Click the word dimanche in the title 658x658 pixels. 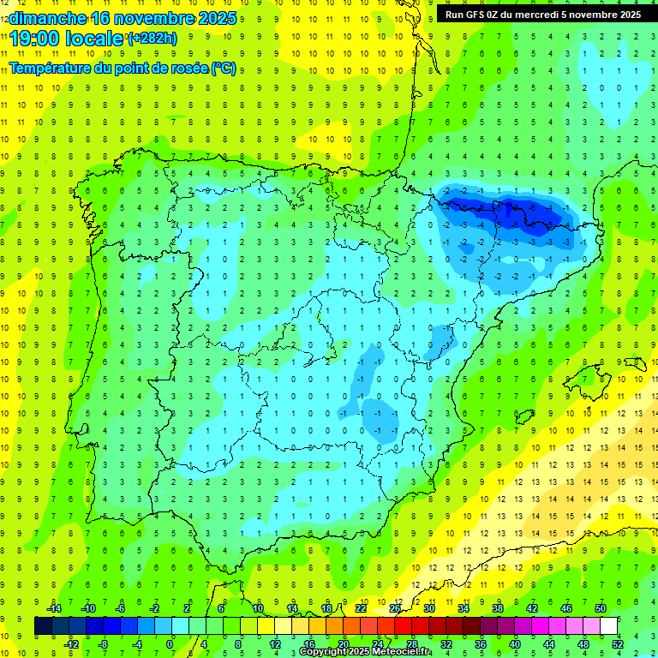coord(47,19)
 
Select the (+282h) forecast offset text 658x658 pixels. coord(153,39)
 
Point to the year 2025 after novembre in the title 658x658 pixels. coord(218,19)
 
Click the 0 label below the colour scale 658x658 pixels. coord(170,644)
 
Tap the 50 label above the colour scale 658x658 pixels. coord(601,608)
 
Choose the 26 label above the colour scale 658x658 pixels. coord(395,608)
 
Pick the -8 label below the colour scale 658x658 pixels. coord(103,644)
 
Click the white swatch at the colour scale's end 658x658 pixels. coord(608,626)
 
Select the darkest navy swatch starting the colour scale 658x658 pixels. coord(43,626)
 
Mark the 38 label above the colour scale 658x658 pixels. coord(498,608)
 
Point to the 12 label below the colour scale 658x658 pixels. coord(274,644)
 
